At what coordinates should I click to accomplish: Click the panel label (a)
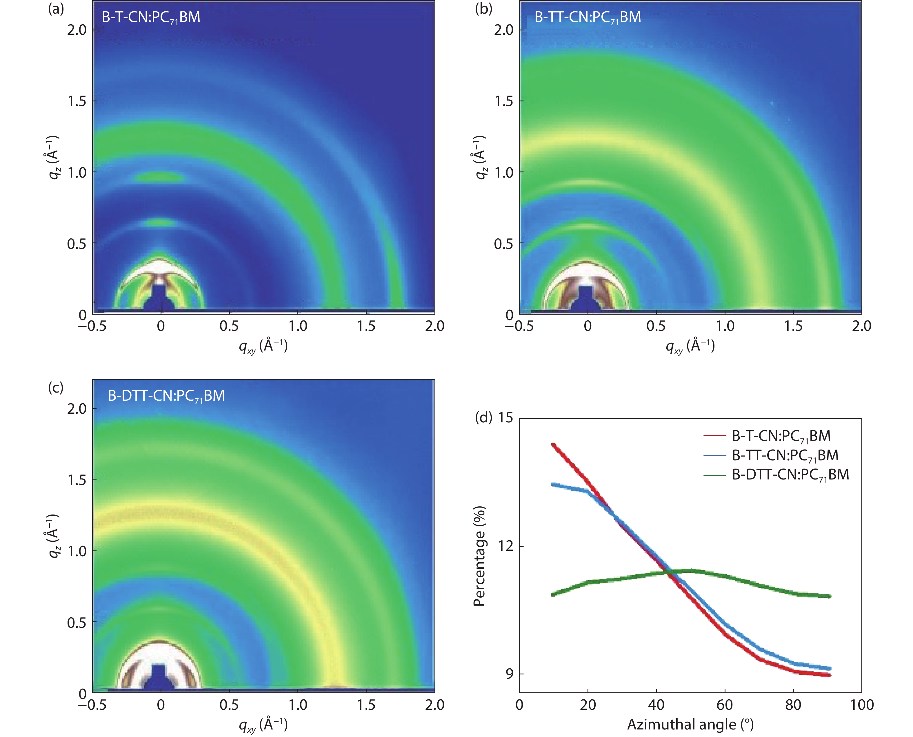pos(56,8)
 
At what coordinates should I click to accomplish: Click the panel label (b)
pos(483,8)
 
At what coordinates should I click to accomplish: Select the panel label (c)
pos(56,387)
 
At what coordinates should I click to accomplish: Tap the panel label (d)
pos(483,418)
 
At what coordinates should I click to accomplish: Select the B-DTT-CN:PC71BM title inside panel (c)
pos(166,396)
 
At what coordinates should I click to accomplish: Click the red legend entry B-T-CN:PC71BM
pos(781,436)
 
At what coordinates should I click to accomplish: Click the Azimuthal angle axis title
pos(690,724)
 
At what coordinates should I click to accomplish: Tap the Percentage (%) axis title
pos(479,556)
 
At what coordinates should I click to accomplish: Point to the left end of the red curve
pos(553,444)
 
